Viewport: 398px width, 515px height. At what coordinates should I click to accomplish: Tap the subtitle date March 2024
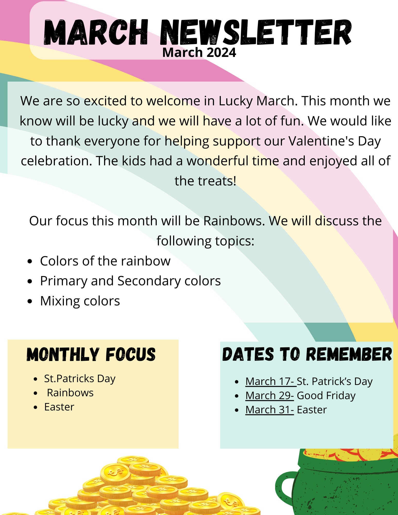coord(199,53)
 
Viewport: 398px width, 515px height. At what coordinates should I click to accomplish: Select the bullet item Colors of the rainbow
coord(105,261)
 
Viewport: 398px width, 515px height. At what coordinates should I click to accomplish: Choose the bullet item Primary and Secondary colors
coord(130,281)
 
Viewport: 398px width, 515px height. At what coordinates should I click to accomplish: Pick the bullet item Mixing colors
coord(80,301)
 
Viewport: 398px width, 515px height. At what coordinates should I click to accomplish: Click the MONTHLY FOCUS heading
coord(91,354)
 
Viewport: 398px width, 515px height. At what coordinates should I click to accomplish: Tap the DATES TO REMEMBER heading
coord(307,354)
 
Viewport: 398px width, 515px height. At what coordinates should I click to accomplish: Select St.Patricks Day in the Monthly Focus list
coord(80,379)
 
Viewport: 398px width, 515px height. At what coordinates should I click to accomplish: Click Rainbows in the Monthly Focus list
coord(70,393)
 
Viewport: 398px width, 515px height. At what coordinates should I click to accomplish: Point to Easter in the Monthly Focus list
coord(59,407)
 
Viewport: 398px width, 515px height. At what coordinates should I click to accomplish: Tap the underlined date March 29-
coord(269,396)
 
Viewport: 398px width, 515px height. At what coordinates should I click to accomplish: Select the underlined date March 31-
coord(269,410)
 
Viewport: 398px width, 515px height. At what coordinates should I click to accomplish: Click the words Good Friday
coord(326,396)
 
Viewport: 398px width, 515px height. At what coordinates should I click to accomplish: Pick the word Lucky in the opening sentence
coord(236,101)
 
